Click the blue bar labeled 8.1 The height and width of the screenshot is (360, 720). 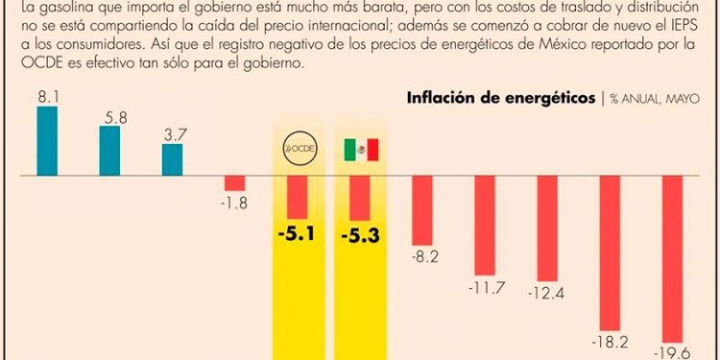[47, 141]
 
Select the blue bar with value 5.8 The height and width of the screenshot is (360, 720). [109, 151]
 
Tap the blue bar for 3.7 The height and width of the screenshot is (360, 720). [172, 159]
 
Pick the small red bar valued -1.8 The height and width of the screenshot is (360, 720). [234, 183]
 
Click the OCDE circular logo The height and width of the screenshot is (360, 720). [298, 150]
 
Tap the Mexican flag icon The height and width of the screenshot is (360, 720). [361, 150]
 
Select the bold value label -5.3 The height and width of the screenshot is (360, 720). [361, 234]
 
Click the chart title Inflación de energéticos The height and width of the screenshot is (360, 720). [500, 99]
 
